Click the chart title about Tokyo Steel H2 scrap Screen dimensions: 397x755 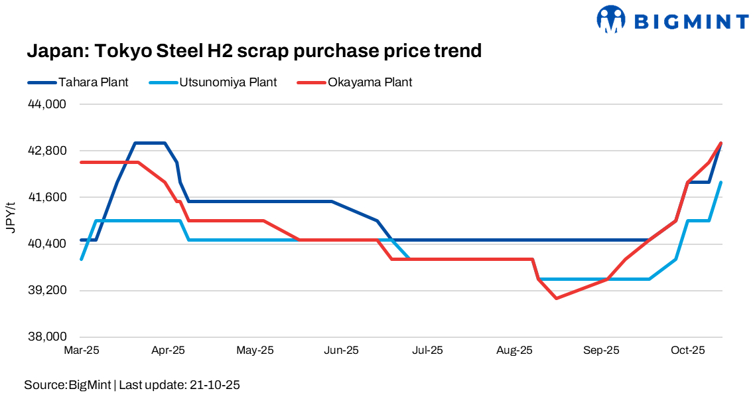click(x=253, y=51)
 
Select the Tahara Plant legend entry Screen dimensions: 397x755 click(x=93, y=82)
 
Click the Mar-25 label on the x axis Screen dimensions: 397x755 click(x=81, y=350)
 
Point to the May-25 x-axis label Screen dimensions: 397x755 click(x=255, y=350)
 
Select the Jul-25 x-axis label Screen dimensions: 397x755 click(x=428, y=350)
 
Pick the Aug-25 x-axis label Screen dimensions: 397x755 click(x=514, y=350)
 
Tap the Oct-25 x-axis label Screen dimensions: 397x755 click(x=688, y=350)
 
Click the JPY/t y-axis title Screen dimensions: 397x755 click(x=11, y=216)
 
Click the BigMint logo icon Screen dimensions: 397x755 click(x=611, y=19)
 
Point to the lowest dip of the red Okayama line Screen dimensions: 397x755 click(x=556, y=298)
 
